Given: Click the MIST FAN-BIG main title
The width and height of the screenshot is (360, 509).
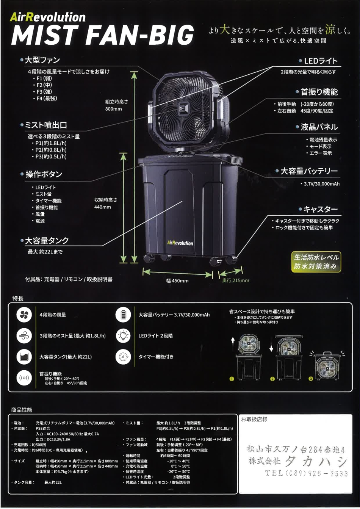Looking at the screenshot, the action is pyautogui.click(x=103, y=35).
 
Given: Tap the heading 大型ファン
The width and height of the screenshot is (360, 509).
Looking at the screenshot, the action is pyautogui.click(x=42, y=60).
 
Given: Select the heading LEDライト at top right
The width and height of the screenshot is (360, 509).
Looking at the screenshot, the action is pyautogui.click(x=321, y=61).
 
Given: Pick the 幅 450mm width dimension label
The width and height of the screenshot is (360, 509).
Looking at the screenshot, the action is pyautogui.click(x=177, y=280).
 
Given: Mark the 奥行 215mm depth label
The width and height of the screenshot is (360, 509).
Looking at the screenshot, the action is pyautogui.click(x=236, y=280).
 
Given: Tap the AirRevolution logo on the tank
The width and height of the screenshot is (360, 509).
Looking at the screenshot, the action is pyautogui.click(x=180, y=243).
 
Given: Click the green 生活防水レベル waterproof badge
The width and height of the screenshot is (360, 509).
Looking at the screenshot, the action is pyautogui.click(x=316, y=262).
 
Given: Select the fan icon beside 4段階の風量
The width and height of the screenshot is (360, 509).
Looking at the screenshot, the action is pyautogui.click(x=24, y=315).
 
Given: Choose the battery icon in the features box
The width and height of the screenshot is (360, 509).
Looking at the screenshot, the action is pyautogui.click(x=123, y=315).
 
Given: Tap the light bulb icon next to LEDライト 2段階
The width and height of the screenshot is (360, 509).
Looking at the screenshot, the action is pyautogui.click(x=123, y=336).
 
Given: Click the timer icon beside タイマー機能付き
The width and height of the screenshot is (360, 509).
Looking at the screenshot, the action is pyautogui.click(x=123, y=357).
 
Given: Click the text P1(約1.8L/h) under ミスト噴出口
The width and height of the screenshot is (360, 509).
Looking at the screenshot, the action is pyautogui.click(x=51, y=143).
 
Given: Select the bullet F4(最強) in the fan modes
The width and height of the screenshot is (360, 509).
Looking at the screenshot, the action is pyautogui.click(x=47, y=99).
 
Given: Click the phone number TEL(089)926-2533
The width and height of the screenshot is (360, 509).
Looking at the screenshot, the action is pyautogui.click(x=306, y=473).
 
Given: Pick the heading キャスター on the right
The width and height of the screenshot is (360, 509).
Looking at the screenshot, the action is pyautogui.click(x=321, y=209).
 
